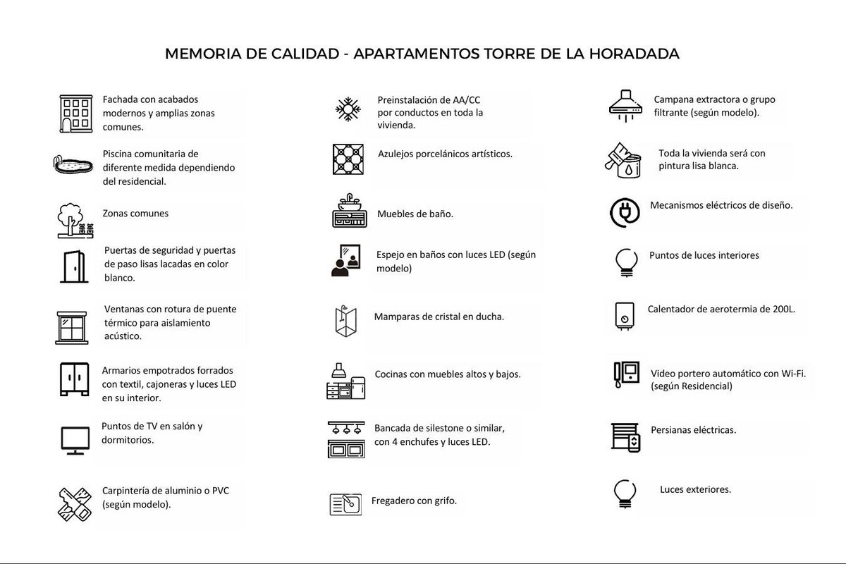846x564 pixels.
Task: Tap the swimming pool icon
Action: point(73,164)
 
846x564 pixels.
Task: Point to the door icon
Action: point(73,266)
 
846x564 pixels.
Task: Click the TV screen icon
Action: point(74,439)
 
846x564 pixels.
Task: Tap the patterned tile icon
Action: point(348,159)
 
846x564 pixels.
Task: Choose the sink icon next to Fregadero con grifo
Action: point(345,503)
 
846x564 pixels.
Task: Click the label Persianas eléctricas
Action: point(694,429)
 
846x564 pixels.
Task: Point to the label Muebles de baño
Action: point(415,214)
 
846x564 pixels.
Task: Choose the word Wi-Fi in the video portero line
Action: point(791,373)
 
